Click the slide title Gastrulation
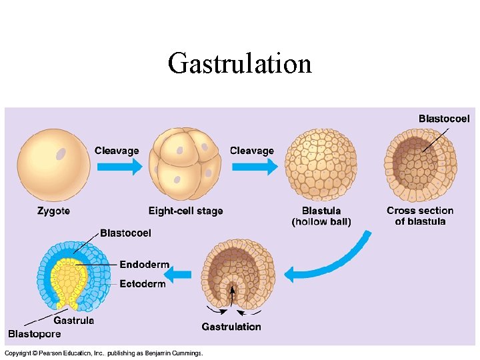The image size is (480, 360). click(240, 64)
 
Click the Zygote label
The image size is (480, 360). click(53, 211)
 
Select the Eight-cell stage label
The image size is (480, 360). click(185, 211)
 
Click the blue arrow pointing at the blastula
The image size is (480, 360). click(254, 166)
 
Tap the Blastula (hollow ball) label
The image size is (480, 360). click(321, 216)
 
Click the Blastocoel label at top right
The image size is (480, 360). click(444, 119)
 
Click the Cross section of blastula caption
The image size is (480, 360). click(420, 216)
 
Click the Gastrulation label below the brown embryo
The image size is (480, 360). click(231, 327)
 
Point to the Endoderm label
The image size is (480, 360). click(144, 265)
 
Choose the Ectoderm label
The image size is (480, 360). click(143, 284)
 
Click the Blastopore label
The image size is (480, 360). click(34, 334)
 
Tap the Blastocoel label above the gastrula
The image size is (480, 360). click(125, 233)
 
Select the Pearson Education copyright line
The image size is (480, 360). click(103, 353)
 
